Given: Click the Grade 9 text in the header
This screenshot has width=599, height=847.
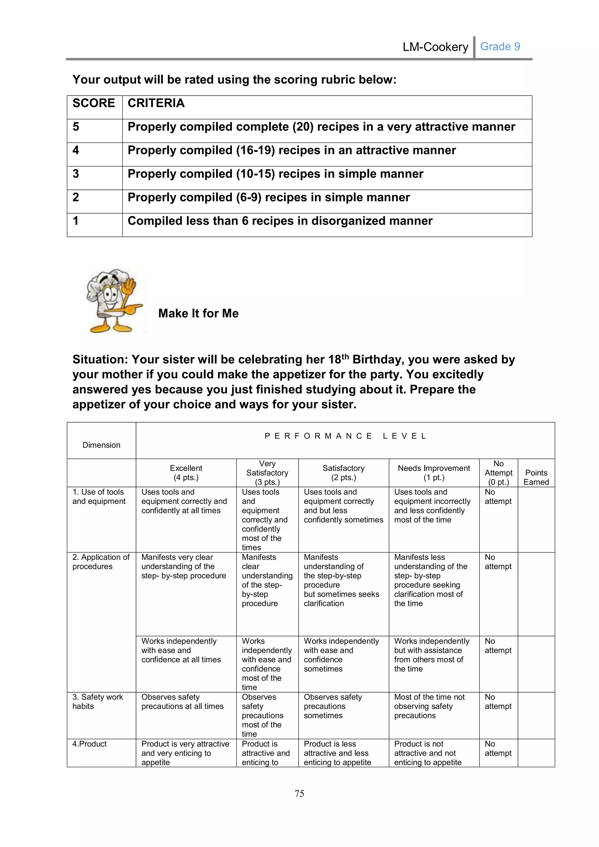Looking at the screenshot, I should tap(500, 47).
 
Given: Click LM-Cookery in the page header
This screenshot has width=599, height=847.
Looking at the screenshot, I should tap(435, 47).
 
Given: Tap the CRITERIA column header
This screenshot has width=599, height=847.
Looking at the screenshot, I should tap(156, 103).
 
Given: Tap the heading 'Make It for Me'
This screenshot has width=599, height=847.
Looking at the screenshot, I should tap(198, 313).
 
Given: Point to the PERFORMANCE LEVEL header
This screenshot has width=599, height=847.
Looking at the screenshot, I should tap(345, 436).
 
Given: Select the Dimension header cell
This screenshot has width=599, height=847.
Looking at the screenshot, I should tap(101, 445).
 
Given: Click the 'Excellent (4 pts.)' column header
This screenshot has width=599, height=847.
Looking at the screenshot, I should tap(186, 473).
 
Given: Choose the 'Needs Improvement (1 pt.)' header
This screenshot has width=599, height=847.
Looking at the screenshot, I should tap(434, 473).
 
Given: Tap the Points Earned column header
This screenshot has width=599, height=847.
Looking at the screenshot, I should tap(536, 477).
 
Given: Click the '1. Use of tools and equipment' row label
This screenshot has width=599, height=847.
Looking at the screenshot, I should tap(99, 497).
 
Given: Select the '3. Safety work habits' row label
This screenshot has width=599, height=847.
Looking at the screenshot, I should tap(97, 702).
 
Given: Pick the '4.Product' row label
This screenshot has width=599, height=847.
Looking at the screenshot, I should tap(89, 744).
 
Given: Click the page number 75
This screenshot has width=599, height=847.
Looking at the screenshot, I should tap(299, 793).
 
